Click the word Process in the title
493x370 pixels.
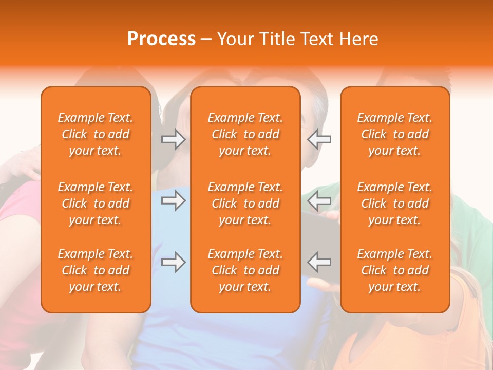pos(161,39)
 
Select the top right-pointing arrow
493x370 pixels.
pos(173,139)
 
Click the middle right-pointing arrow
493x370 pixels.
pos(173,200)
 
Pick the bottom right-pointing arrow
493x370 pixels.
pos(173,262)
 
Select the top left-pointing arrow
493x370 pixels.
pos(319,139)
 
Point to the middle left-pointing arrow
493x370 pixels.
pos(319,200)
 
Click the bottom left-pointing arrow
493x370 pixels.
pos(319,262)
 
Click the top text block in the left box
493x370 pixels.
pos(96,134)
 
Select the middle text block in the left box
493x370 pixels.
pos(96,203)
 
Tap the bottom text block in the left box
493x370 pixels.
pos(96,270)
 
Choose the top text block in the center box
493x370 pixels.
pos(245,134)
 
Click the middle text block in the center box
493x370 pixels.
pos(245,203)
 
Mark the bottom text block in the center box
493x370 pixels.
pos(245,270)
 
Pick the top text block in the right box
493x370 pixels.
pos(395,134)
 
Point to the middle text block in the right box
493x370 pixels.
pos(395,203)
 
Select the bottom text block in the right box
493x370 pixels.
pos(395,270)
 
